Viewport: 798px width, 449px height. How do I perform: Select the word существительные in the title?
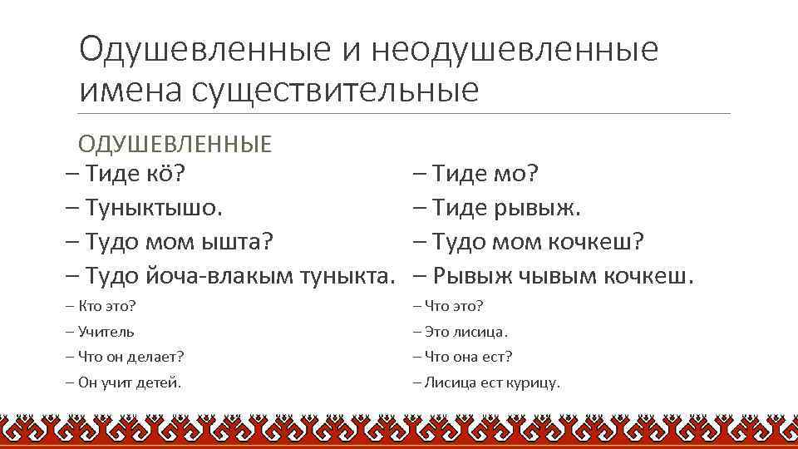tap(335, 90)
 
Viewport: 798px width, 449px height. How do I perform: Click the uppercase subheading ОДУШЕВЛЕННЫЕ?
tap(175, 144)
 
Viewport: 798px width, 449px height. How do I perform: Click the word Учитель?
tap(106, 332)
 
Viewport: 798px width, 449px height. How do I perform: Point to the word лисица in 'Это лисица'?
tap(480, 332)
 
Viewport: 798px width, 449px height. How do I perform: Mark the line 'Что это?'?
tap(448, 306)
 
